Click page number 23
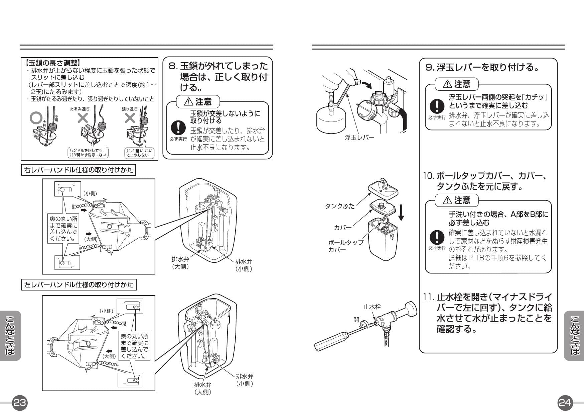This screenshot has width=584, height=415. tap(19, 403)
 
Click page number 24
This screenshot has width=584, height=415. tap(565, 403)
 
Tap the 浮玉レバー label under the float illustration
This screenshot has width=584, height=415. tap(360, 137)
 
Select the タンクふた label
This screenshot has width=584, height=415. tap(340, 206)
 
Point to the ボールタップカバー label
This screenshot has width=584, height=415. tap(345, 246)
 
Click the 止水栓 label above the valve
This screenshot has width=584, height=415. tap(372, 307)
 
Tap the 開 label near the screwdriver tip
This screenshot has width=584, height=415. tap(356, 320)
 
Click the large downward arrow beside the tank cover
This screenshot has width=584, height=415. tap(401, 213)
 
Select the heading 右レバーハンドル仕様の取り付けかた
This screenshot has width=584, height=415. tap(79, 170)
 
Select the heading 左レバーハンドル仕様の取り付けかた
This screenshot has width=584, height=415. tap(79, 285)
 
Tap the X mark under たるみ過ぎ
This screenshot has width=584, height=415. tap(83, 117)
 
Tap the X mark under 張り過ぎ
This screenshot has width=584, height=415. tap(130, 117)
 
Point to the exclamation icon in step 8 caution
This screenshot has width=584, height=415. tap(178, 128)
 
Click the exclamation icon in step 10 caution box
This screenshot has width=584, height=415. tap(436, 238)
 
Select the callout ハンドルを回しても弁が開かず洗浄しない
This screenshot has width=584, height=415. tap(88, 153)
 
